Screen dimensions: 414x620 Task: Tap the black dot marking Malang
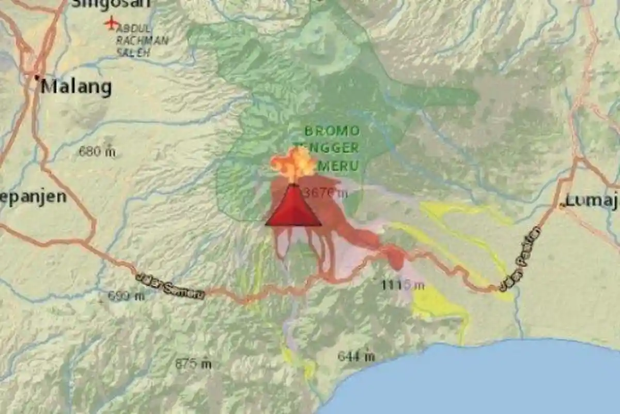tap(37, 78)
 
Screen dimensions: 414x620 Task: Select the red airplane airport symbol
tap(111, 23)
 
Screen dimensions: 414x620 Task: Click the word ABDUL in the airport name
tap(134, 28)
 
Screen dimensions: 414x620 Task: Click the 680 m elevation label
tap(97, 152)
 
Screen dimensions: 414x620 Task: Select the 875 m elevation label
tap(193, 364)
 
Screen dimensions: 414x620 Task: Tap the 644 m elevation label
tap(356, 356)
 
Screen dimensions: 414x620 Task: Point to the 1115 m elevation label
tap(403, 285)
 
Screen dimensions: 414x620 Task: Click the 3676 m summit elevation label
tap(326, 194)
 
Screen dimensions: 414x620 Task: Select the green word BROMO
tap(332, 130)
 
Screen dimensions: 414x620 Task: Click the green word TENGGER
tap(327, 148)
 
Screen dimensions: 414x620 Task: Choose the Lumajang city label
tap(592, 200)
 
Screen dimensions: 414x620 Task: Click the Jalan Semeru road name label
tap(170, 286)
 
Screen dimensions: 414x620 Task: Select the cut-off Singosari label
tap(111, 4)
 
